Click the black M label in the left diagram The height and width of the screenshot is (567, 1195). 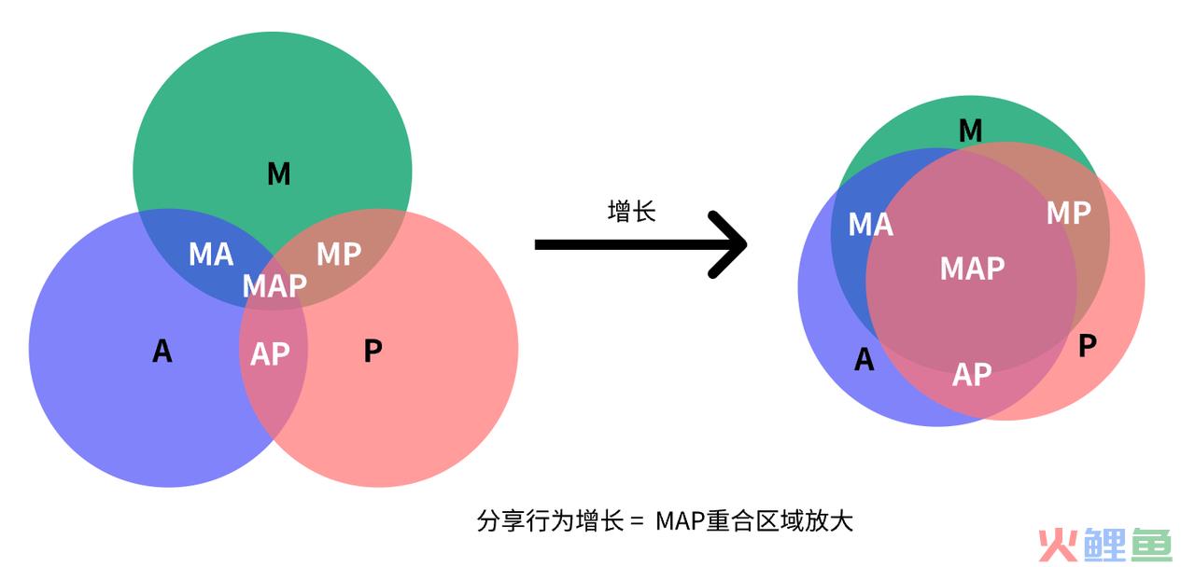coord(279,174)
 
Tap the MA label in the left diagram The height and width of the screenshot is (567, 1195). coord(211,254)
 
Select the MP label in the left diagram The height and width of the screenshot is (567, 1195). coord(339,254)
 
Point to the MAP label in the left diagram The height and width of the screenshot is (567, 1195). coord(274,285)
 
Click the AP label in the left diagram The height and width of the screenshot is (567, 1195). coord(270,353)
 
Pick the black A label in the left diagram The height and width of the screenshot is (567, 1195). coord(162,352)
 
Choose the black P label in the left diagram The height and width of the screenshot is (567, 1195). coord(373,352)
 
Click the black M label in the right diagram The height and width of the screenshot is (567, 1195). coord(970,131)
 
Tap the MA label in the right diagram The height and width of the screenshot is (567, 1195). coord(871,225)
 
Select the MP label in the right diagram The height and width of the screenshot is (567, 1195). coord(1069,213)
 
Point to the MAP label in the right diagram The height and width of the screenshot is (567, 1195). coord(972,268)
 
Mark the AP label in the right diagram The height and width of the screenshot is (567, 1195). coord(972,375)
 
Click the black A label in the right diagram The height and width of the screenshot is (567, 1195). coord(865,359)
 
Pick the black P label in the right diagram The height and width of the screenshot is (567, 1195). coord(1088,346)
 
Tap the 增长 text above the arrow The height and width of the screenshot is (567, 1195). coord(632,212)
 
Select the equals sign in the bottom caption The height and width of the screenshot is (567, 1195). coord(637,521)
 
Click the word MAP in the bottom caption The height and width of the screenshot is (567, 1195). coord(680,521)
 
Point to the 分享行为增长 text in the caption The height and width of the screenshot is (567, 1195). coord(550,521)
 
